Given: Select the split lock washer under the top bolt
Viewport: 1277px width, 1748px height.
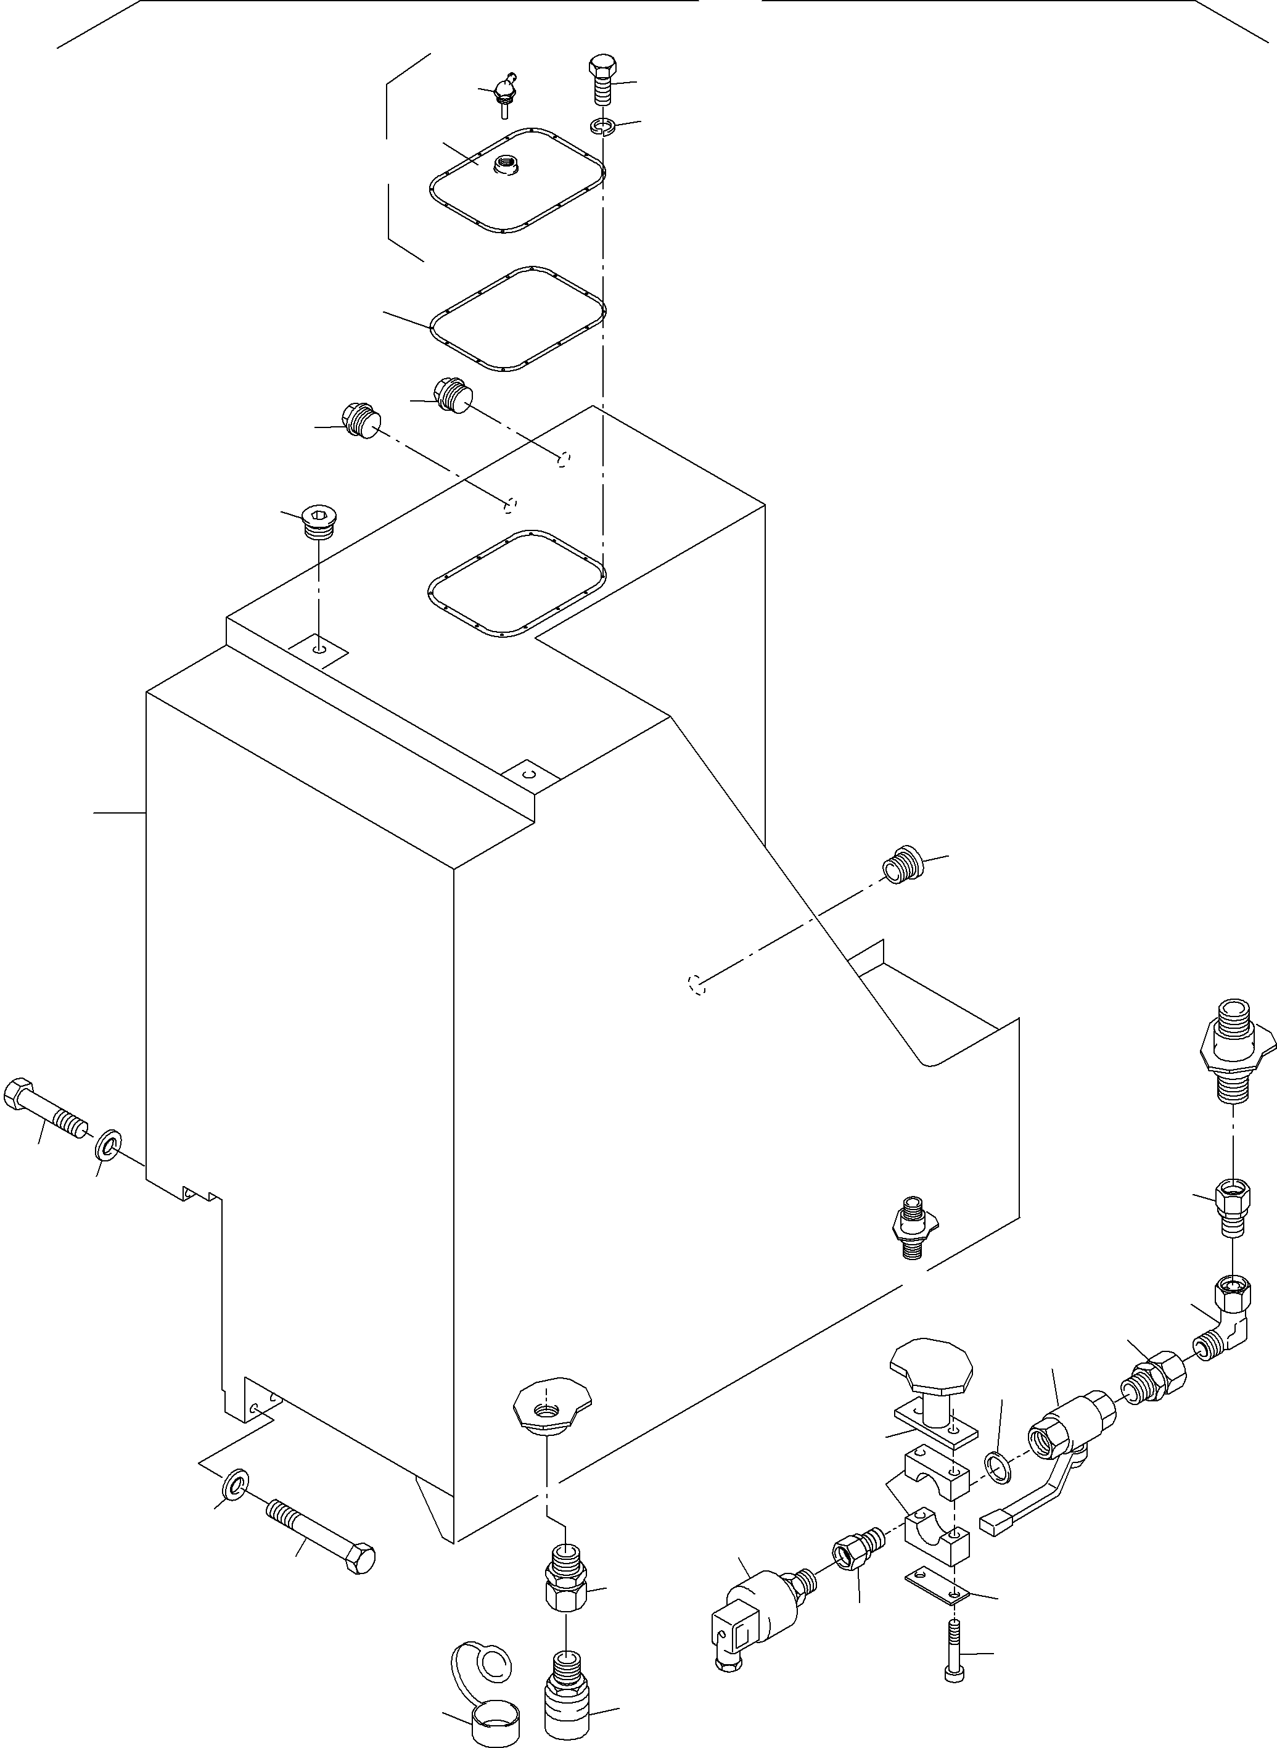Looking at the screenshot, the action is pyautogui.click(x=602, y=125).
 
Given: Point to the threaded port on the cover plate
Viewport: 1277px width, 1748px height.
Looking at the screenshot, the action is pyautogui.click(x=509, y=165).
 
